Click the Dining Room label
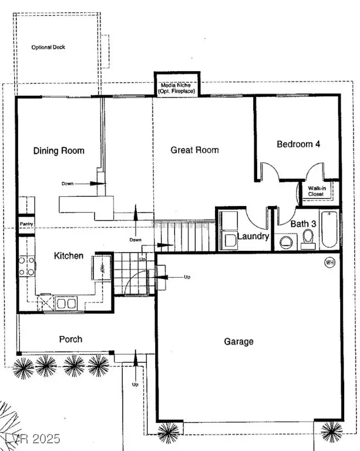58,151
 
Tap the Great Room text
194,150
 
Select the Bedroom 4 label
298,144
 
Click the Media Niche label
177,89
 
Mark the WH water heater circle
329,262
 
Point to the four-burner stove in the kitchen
26,265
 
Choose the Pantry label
26,224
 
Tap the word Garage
239,341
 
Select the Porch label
70,339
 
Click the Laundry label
253,237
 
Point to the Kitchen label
69,256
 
